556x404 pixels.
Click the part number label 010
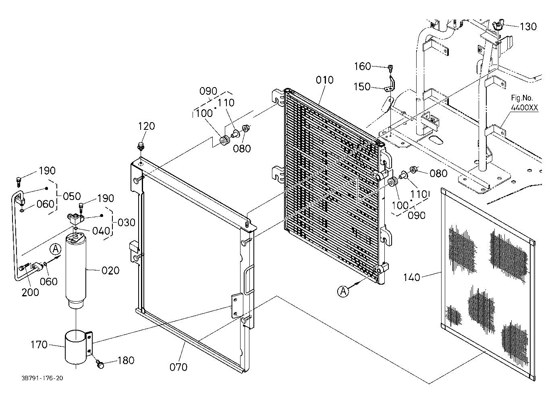point(324,80)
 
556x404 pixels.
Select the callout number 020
point(110,270)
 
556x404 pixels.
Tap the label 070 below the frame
point(178,367)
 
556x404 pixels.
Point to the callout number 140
point(411,277)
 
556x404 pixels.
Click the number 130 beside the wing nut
point(528,26)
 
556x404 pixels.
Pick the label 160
point(362,67)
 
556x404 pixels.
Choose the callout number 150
point(362,87)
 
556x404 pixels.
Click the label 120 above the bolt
point(146,126)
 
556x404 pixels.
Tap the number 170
point(39,345)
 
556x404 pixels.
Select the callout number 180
point(126,360)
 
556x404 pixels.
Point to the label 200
point(30,292)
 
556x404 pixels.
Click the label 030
point(127,223)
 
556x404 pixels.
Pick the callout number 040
point(101,231)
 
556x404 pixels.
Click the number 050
point(72,196)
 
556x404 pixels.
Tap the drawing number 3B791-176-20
point(42,378)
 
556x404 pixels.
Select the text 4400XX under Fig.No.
point(525,108)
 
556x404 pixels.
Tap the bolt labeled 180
point(100,364)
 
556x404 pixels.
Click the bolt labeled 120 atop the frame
point(141,146)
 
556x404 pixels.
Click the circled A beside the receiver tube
point(55,249)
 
